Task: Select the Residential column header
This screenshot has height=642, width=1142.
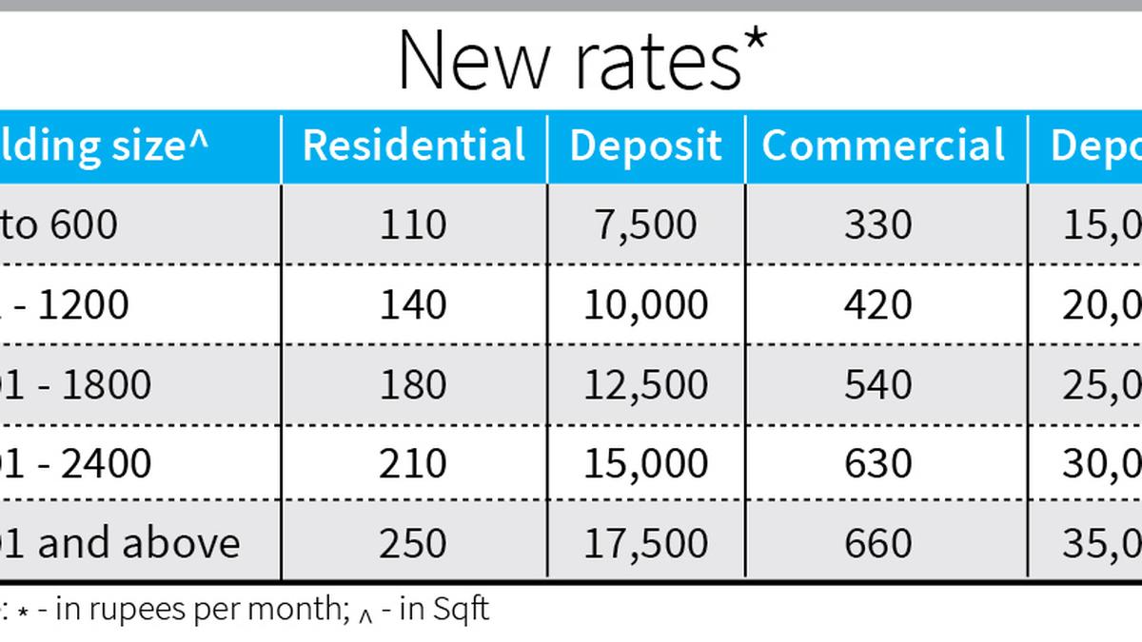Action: click(414, 146)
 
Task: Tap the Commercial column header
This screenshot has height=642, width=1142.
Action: click(883, 146)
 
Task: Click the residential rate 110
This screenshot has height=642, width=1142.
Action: click(413, 224)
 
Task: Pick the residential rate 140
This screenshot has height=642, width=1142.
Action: click(413, 304)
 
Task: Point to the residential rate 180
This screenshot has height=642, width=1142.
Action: click(413, 384)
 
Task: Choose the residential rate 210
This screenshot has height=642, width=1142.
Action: click(413, 463)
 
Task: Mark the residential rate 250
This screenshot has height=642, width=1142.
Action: click(413, 543)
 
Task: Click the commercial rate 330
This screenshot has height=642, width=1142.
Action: click(877, 224)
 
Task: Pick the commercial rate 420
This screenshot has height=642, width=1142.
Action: click(877, 304)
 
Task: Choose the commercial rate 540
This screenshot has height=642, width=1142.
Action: click(877, 384)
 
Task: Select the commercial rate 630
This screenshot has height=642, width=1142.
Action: click(877, 463)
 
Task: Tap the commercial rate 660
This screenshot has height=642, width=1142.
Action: click(877, 543)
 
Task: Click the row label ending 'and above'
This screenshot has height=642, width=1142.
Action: click(124, 543)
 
